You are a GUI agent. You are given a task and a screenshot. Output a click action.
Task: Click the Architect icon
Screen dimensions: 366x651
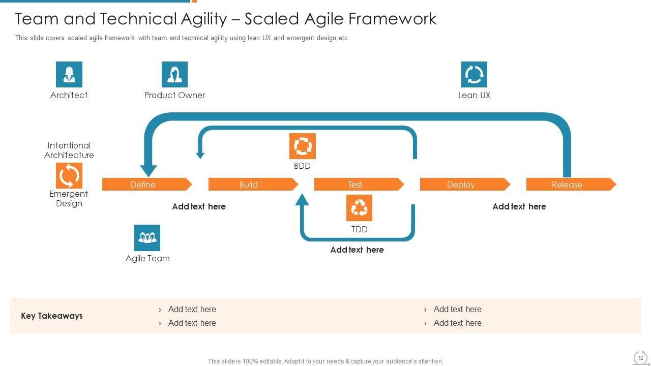click(69, 75)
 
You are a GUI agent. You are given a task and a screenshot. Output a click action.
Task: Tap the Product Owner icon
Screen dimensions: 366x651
click(174, 75)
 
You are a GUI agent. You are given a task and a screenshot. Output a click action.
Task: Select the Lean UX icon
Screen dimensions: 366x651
click(474, 75)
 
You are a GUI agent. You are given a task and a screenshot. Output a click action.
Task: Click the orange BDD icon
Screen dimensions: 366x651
click(302, 146)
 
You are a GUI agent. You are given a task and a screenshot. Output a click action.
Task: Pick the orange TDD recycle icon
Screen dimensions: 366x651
click(359, 208)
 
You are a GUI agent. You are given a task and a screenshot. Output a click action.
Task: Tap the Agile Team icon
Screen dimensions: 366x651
click(147, 238)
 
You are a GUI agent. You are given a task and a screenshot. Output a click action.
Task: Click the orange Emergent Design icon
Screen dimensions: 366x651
click(69, 176)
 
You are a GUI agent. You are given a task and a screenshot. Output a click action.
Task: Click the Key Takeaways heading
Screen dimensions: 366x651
click(51, 316)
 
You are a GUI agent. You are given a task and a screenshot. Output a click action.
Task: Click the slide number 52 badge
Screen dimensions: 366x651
click(641, 358)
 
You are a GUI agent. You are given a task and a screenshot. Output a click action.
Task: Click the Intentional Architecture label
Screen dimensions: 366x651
click(69, 150)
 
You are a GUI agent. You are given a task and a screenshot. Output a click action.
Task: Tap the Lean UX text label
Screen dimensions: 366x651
click(474, 95)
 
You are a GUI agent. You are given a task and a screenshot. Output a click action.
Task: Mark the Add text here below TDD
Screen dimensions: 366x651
click(357, 250)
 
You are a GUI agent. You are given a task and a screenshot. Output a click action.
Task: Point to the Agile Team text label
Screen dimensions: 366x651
click(147, 258)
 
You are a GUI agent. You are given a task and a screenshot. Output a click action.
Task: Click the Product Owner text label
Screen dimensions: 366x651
click(174, 95)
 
